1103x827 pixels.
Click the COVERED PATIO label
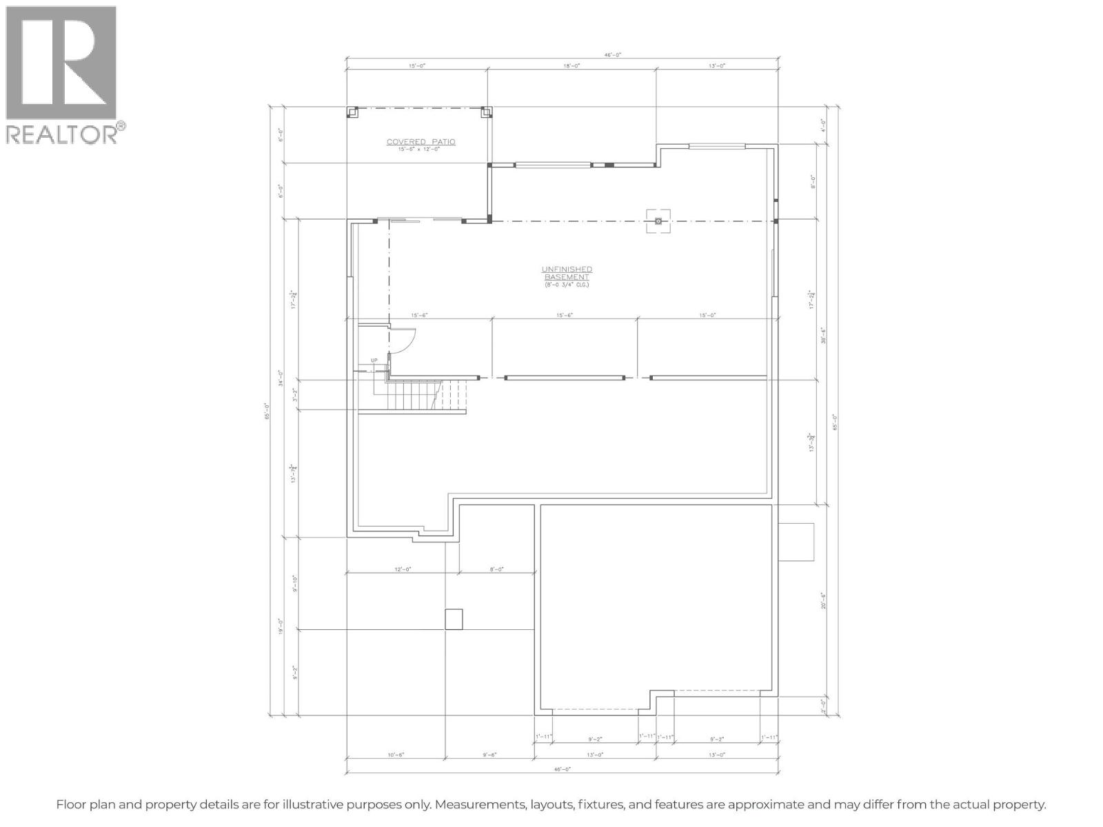click(x=421, y=142)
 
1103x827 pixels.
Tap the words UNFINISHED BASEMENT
click(x=567, y=273)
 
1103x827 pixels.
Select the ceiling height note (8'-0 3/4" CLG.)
click(x=567, y=285)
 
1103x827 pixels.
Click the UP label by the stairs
click(x=374, y=360)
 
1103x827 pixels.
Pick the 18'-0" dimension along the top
click(x=571, y=66)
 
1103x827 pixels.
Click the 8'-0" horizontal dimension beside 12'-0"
click(x=496, y=569)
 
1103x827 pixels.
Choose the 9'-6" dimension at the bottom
click(x=489, y=755)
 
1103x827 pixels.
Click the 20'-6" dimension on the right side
click(x=823, y=601)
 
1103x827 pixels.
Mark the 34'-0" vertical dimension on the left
click(x=281, y=382)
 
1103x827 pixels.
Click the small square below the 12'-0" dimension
click(x=454, y=619)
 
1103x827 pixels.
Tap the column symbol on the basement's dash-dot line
click(x=658, y=221)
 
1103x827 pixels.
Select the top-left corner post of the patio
click(x=352, y=112)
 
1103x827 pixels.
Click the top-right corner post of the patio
click(x=486, y=112)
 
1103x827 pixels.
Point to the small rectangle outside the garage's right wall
click(x=796, y=542)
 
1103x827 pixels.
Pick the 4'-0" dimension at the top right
click(x=823, y=125)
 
